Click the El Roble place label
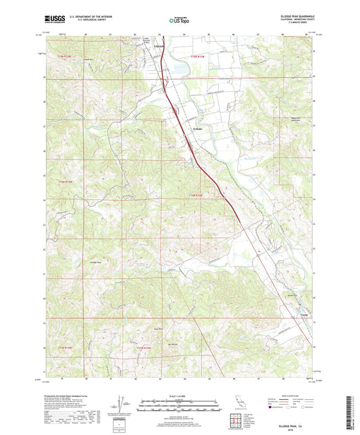199,130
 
